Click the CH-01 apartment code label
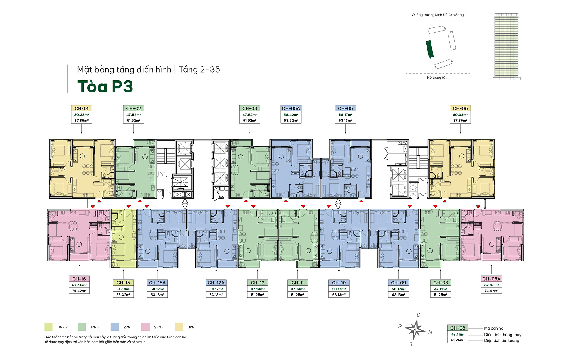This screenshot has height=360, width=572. [82, 108]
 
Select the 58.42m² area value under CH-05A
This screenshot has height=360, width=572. [291, 115]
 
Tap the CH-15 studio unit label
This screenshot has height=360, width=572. [123, 283]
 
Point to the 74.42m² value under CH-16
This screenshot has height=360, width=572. [79, 291]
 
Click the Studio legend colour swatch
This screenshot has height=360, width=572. [48, 327]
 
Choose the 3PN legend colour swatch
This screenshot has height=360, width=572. [179, 327]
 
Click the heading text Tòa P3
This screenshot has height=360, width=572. [105, 86]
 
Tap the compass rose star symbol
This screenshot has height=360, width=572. [415, 329]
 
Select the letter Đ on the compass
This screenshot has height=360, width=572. [418, 315]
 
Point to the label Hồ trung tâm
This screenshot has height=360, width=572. [438, 77]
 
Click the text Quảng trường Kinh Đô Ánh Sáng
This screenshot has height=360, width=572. [438, 15]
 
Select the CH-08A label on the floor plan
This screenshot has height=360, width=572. [491, 279]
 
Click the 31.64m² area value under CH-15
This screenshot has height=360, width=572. [123, 289]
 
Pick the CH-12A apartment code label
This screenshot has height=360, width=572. [216, 283]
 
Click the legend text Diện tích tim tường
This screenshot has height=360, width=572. [502, 340]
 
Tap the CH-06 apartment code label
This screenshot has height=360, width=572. [460, 108]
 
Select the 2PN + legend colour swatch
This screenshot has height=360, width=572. [145, 327]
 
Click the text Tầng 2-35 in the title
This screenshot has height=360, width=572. [199, 70]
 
